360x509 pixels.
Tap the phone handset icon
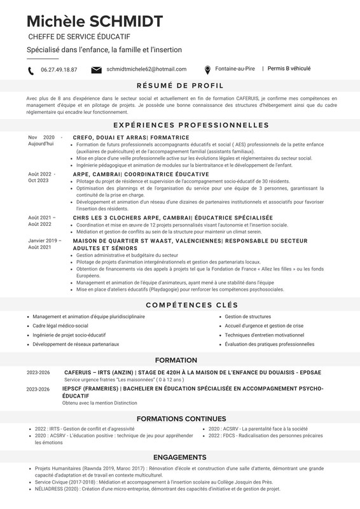31,70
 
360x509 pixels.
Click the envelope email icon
97,69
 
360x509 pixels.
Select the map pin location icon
207,69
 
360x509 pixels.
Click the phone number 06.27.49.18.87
59,70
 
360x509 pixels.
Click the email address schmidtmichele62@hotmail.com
146,69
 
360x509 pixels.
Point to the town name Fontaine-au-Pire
235,69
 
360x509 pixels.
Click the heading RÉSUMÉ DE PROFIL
180,86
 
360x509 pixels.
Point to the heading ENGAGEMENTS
180,457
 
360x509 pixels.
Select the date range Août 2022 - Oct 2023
42,177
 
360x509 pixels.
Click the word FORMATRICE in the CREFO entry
169,137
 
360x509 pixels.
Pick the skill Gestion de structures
247,316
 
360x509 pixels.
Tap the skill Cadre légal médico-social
60,325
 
